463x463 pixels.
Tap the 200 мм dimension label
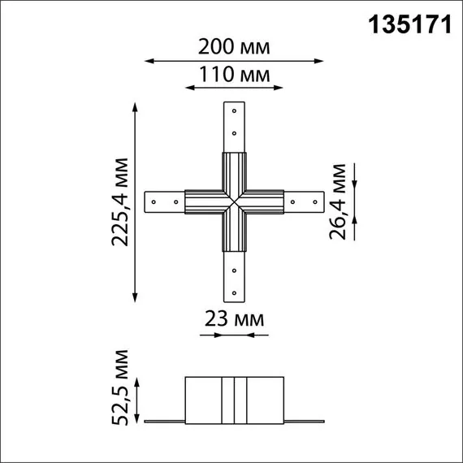[234, 48]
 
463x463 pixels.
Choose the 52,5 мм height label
[122, 388]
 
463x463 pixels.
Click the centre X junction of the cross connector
[234, 200]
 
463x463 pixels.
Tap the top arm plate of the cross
[234, 126]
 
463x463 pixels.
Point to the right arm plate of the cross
[304, 200]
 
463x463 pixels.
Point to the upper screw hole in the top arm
[234, 110]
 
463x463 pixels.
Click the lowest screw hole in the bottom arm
[234, 291]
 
